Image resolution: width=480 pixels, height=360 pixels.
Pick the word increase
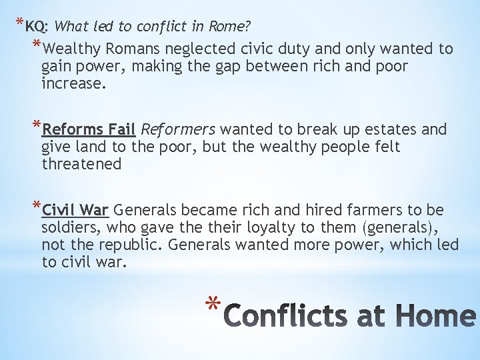[73, 84]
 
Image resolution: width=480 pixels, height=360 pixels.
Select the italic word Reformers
[179, 129]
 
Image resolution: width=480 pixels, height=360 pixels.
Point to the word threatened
[81, 164]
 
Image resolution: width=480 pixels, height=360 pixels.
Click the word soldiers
[69, 228]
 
